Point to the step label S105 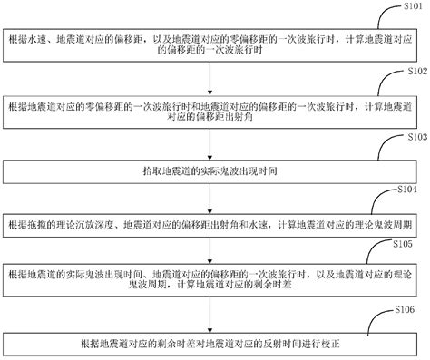point(405,244)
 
